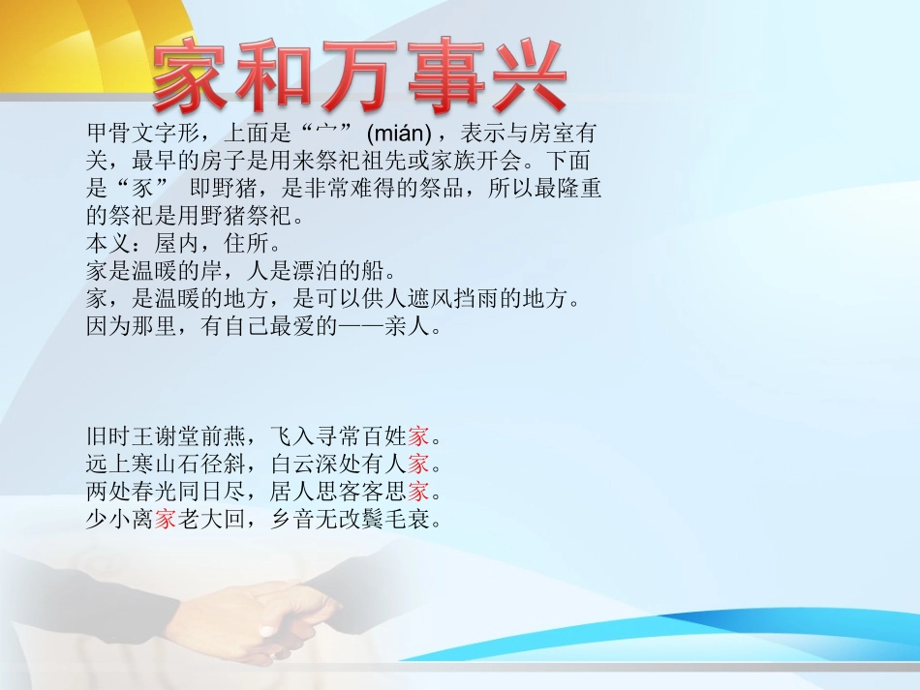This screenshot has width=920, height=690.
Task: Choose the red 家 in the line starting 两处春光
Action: tap(419, 492)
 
